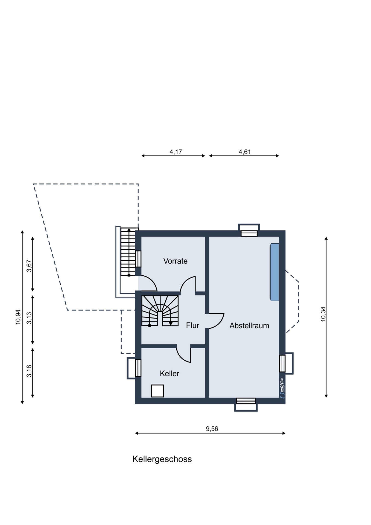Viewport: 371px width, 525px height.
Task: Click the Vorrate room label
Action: click(175, 261)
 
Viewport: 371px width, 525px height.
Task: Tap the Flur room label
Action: click(192, 325)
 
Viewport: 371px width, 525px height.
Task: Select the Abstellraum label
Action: click(249, 325)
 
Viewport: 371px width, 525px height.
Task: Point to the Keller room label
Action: click(170, 373)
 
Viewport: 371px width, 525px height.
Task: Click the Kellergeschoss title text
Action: click(162, 459)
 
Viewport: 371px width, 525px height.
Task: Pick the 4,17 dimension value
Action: click(176, 152)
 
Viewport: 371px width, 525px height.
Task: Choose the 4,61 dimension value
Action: click(245, 152)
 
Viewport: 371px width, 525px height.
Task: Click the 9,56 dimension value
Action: click(212, 429)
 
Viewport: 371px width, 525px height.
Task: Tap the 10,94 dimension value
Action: click(18, 317)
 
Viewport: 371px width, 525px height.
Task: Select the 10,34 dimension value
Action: click(323, 314)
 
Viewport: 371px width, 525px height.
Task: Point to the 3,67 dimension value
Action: click(29, 266)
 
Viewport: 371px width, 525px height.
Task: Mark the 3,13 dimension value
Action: click(29, 318)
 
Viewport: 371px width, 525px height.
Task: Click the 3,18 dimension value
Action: click(29, 371)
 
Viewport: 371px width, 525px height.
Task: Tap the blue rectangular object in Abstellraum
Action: click(275, 272)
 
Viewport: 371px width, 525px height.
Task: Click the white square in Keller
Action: click(157, 391)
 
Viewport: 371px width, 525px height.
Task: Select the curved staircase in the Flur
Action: click(160, 311)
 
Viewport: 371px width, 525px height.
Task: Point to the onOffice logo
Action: click(282, 388)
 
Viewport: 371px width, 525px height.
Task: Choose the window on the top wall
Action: click(249, 230)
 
